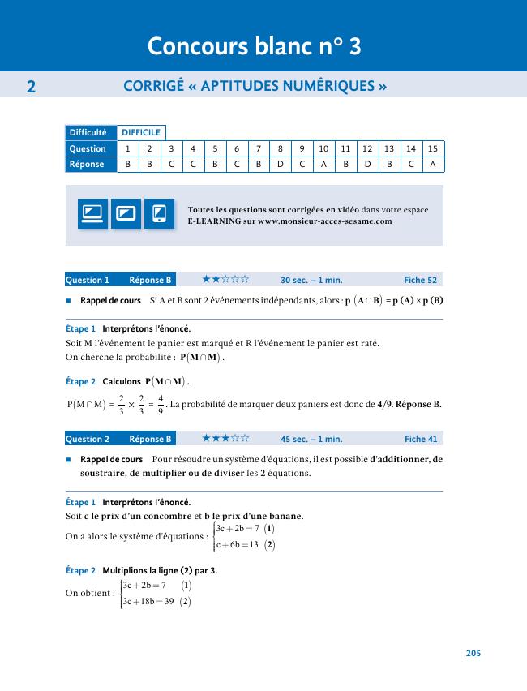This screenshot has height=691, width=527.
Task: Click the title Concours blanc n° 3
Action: coord(254,47)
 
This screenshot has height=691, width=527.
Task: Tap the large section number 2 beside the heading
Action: coord(31,86)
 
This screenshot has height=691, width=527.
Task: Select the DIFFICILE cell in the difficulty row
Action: coord(141,132)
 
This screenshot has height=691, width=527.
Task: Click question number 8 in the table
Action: coord(280,148)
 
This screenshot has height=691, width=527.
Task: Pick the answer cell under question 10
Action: coord(323,164)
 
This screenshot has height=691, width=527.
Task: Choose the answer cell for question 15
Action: coord(434,164)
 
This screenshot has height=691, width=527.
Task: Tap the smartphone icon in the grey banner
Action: coord(159,214)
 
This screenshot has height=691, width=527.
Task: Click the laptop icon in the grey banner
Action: coord(92,214)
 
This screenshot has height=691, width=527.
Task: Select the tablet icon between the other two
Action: coord(126,214)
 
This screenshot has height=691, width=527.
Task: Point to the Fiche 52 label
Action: coord(420,280)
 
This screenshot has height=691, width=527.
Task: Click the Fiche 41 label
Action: coord(420,439)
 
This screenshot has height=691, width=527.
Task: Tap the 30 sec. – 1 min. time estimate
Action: coord(311,280)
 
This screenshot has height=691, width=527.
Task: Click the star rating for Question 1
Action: coord(225,279)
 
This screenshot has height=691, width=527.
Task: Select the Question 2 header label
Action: coord(87,439)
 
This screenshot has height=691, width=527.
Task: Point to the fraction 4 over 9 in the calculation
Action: coord(161,404)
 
